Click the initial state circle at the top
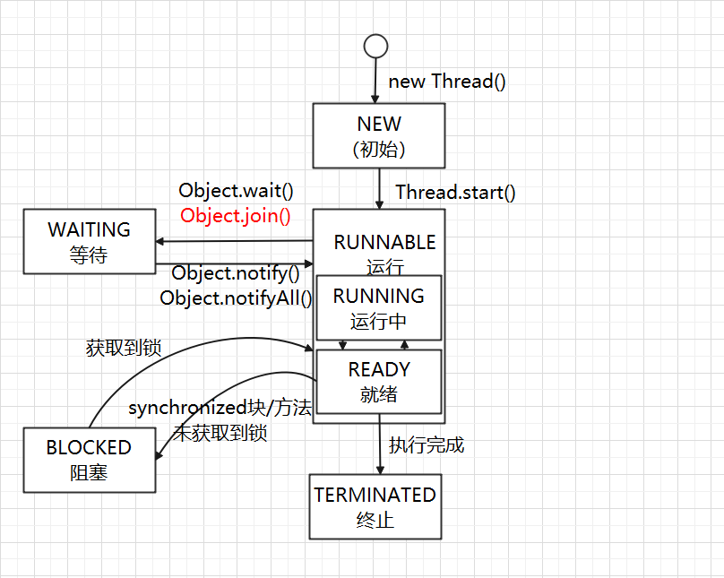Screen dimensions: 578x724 point(375,46)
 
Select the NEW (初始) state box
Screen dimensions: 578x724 point(378,135)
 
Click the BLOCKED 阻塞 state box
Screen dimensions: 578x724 point(89,459)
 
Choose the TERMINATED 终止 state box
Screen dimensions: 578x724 point(375,506)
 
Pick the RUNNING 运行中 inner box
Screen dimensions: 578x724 point(378,307)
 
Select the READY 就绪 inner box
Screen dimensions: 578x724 point(378,381)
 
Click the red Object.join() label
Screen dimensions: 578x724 point(236,215)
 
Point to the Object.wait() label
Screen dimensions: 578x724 point(236,190)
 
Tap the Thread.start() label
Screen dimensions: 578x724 point(455,192)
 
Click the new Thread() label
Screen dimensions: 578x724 point(447,82)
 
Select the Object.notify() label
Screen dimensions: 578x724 point(235,273)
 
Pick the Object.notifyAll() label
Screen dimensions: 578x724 point(236,298)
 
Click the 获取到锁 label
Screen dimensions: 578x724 point(124,348)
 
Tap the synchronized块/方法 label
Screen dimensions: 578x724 point(220,409)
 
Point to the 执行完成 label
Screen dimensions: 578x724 point(427,444)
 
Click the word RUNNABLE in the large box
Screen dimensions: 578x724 point(384,243)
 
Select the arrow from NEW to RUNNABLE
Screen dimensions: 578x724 point(379,188)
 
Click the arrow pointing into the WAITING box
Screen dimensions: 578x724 point(233,240)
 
